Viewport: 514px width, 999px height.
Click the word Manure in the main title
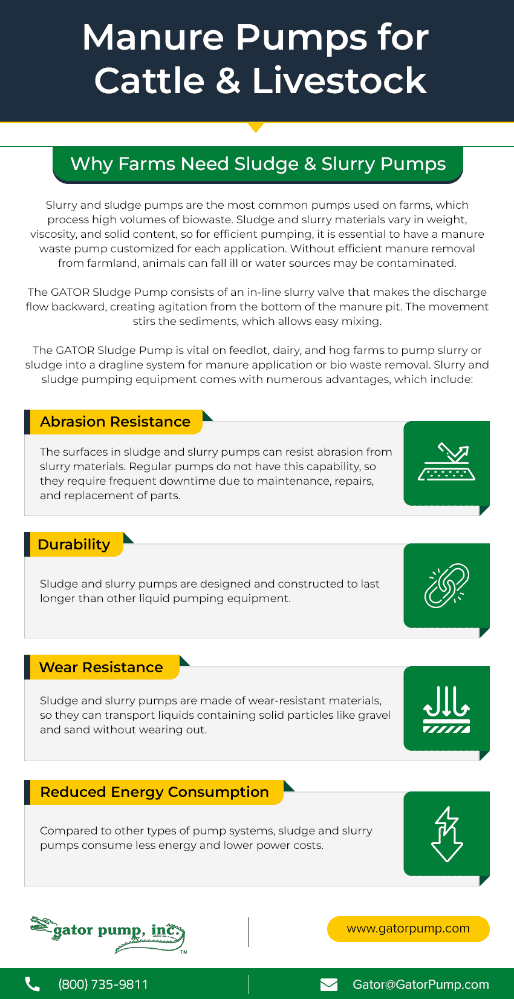154,38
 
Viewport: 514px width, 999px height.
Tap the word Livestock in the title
339,81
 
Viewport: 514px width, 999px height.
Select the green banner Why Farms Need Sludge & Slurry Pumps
258,164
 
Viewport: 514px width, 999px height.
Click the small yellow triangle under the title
256,127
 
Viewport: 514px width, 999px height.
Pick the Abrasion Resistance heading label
115,422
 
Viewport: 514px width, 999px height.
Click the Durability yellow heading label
74,545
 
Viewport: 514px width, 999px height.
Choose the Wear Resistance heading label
101,667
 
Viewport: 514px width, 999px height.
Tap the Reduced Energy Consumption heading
154,792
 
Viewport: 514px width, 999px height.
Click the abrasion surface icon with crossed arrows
446,463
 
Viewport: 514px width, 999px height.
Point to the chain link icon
446,586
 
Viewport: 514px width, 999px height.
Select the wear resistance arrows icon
446,709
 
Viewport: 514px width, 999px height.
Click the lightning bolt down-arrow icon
446,834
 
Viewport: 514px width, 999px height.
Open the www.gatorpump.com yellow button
408,929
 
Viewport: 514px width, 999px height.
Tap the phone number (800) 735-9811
103,984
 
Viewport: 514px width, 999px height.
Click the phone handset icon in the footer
33,984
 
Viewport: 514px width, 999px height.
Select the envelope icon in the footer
329,984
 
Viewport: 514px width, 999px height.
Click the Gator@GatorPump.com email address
421,984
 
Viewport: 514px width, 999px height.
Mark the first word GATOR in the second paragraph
70,292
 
